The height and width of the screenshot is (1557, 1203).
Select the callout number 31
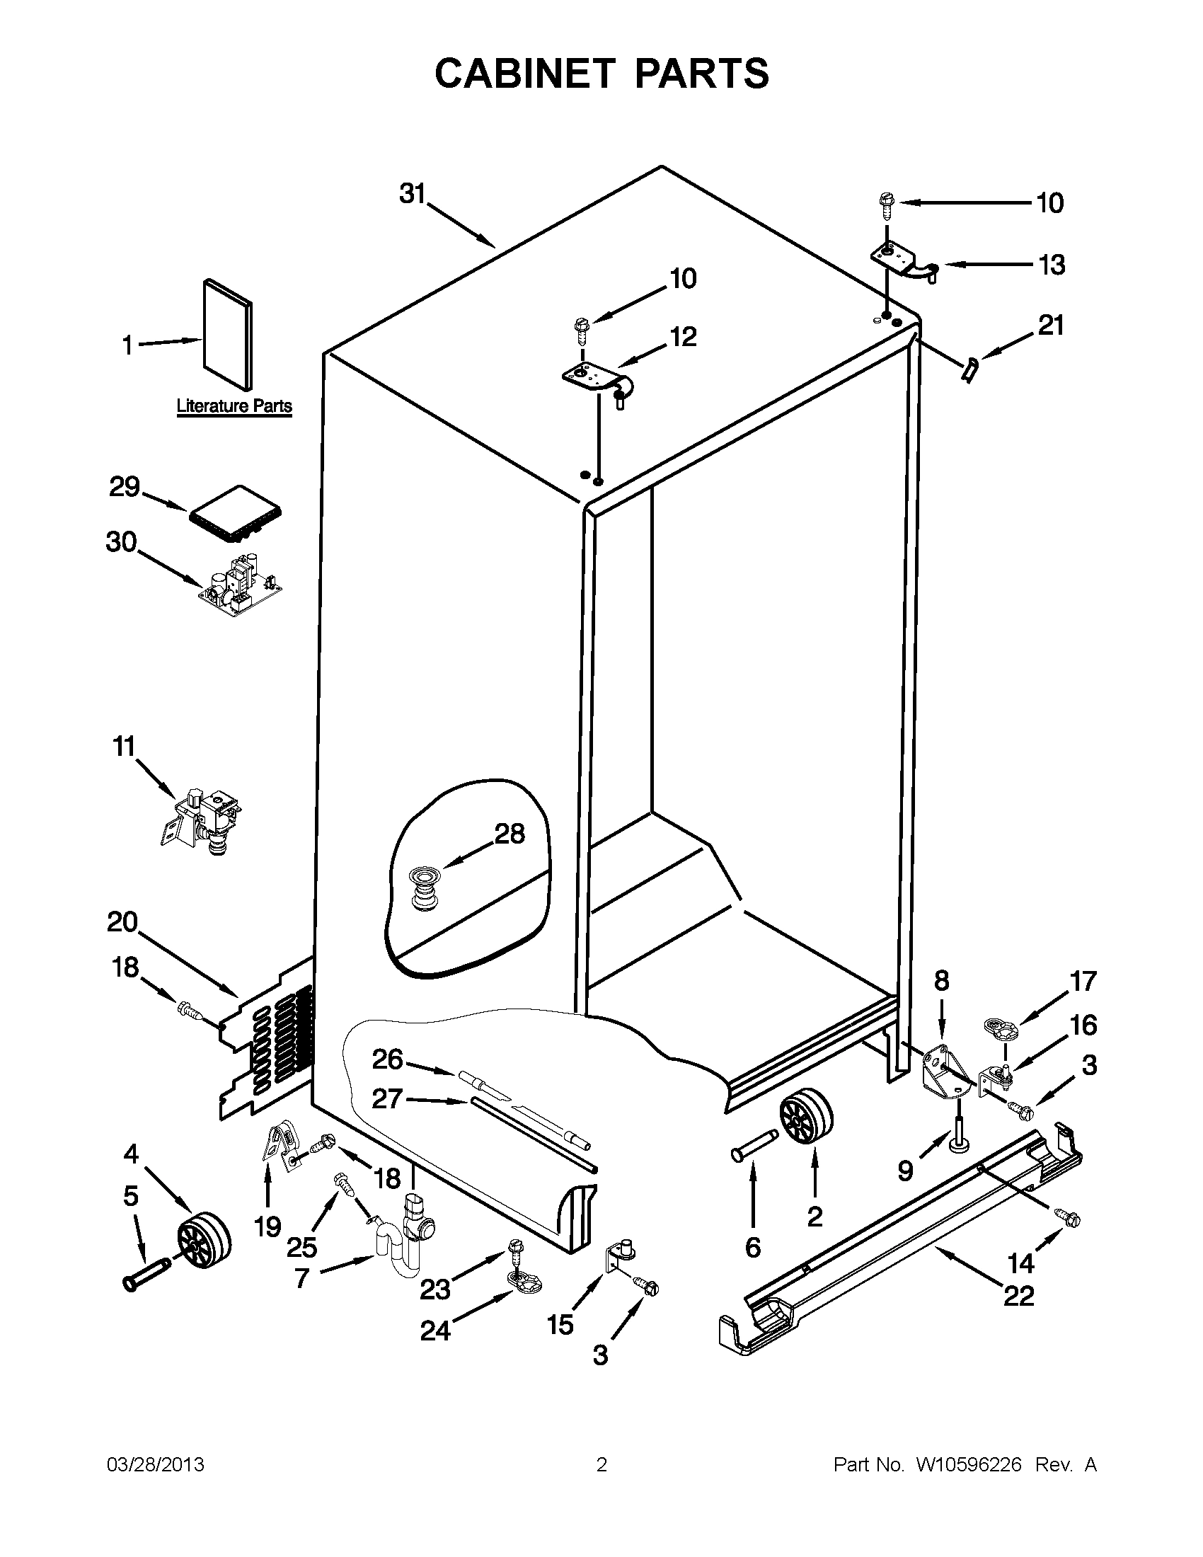[412, 193]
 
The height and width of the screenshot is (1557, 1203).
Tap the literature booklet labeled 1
[227, 335]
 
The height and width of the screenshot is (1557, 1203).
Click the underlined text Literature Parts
[234, 406]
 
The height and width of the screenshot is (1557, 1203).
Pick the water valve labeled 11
[202, 817]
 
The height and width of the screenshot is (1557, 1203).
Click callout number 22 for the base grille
[1018, 1295]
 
